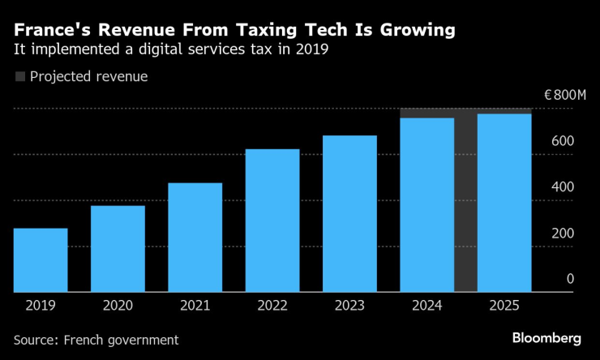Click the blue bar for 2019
click(x=41, y=259)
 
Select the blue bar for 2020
click(x=118, y=248)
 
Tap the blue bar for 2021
click(x=195, y=237)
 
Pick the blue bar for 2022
click(x=272, y=220)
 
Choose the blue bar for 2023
click(x=349, y=213)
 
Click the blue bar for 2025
click(x=504, y=203)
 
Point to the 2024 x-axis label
click(x=427, y=306)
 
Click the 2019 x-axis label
click(x=41, y=306)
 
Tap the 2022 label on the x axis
click(x=272, y=306)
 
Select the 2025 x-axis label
click(x=504, y=306)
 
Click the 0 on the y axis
click(x=570, y=279)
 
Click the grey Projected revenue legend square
click(x=19, y=77)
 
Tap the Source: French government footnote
click(x=96, y=340)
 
